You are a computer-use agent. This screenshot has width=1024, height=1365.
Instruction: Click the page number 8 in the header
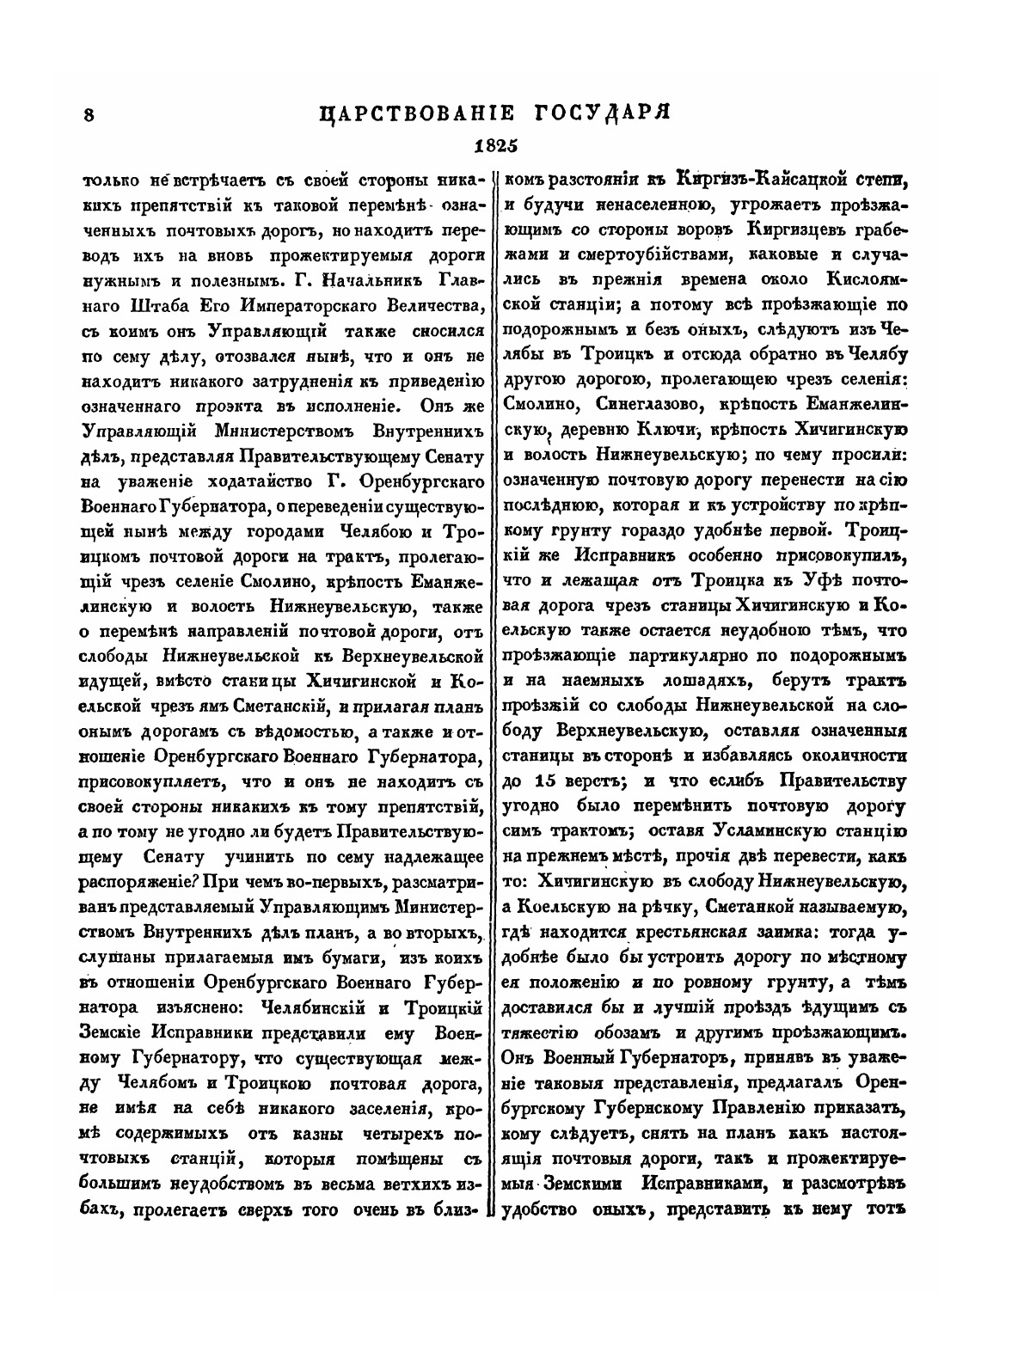pos(88,115)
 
